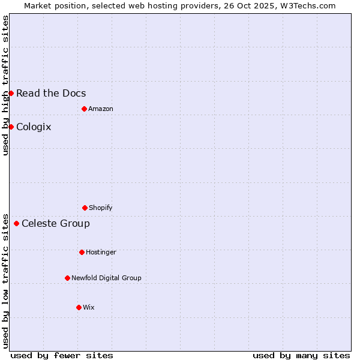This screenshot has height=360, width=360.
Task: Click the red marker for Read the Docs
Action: pyautogui.click(x=11, y=93)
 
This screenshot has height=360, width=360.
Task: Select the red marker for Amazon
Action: pyautogui.click(x=84, y=109)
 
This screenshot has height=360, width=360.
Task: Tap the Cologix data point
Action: pyautogui.click(x=11, y=127)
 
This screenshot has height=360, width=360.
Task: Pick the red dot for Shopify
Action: pyautogui.click(x=85, y=208)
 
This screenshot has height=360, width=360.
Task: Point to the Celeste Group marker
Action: pyautogui.click(x=16, y=223)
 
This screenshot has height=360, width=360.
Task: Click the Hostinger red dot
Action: pyautogui.click(x=82, y=252)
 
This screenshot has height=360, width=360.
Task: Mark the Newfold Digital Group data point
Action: pyautogui.click(x=67, y=278)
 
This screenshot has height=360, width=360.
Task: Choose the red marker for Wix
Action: pyautogui.click(x=79, y=307)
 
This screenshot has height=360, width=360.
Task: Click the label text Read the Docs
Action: pyautogui.click(x=51, y=93)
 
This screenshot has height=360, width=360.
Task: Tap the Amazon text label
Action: pyautogui.click(x=101, y=109)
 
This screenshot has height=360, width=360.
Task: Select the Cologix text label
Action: pyautogui.click(x=34, y=127)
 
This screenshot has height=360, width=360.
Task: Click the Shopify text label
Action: pyautogui.click(x=101, y=208)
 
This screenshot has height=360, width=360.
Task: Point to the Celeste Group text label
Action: pyautogui.click(x=56, y=223)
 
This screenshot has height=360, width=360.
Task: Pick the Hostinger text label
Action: pyautogui.click(x=101, y=252)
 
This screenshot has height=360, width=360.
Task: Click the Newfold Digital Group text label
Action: pyautogui.click(x=106, y=278)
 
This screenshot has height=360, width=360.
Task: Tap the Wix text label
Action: pyautogui.click(x=89, y=307)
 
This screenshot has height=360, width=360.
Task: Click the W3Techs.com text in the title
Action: pyautogui.click(x=308, y=5)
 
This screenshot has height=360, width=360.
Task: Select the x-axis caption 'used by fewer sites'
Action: pyautogui.click(x=62, y=355)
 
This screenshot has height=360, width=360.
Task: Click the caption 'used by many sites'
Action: pyautogui.click(x=301, y=355)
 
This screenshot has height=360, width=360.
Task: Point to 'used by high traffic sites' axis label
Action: pyautogui.click(x=5, y=85)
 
